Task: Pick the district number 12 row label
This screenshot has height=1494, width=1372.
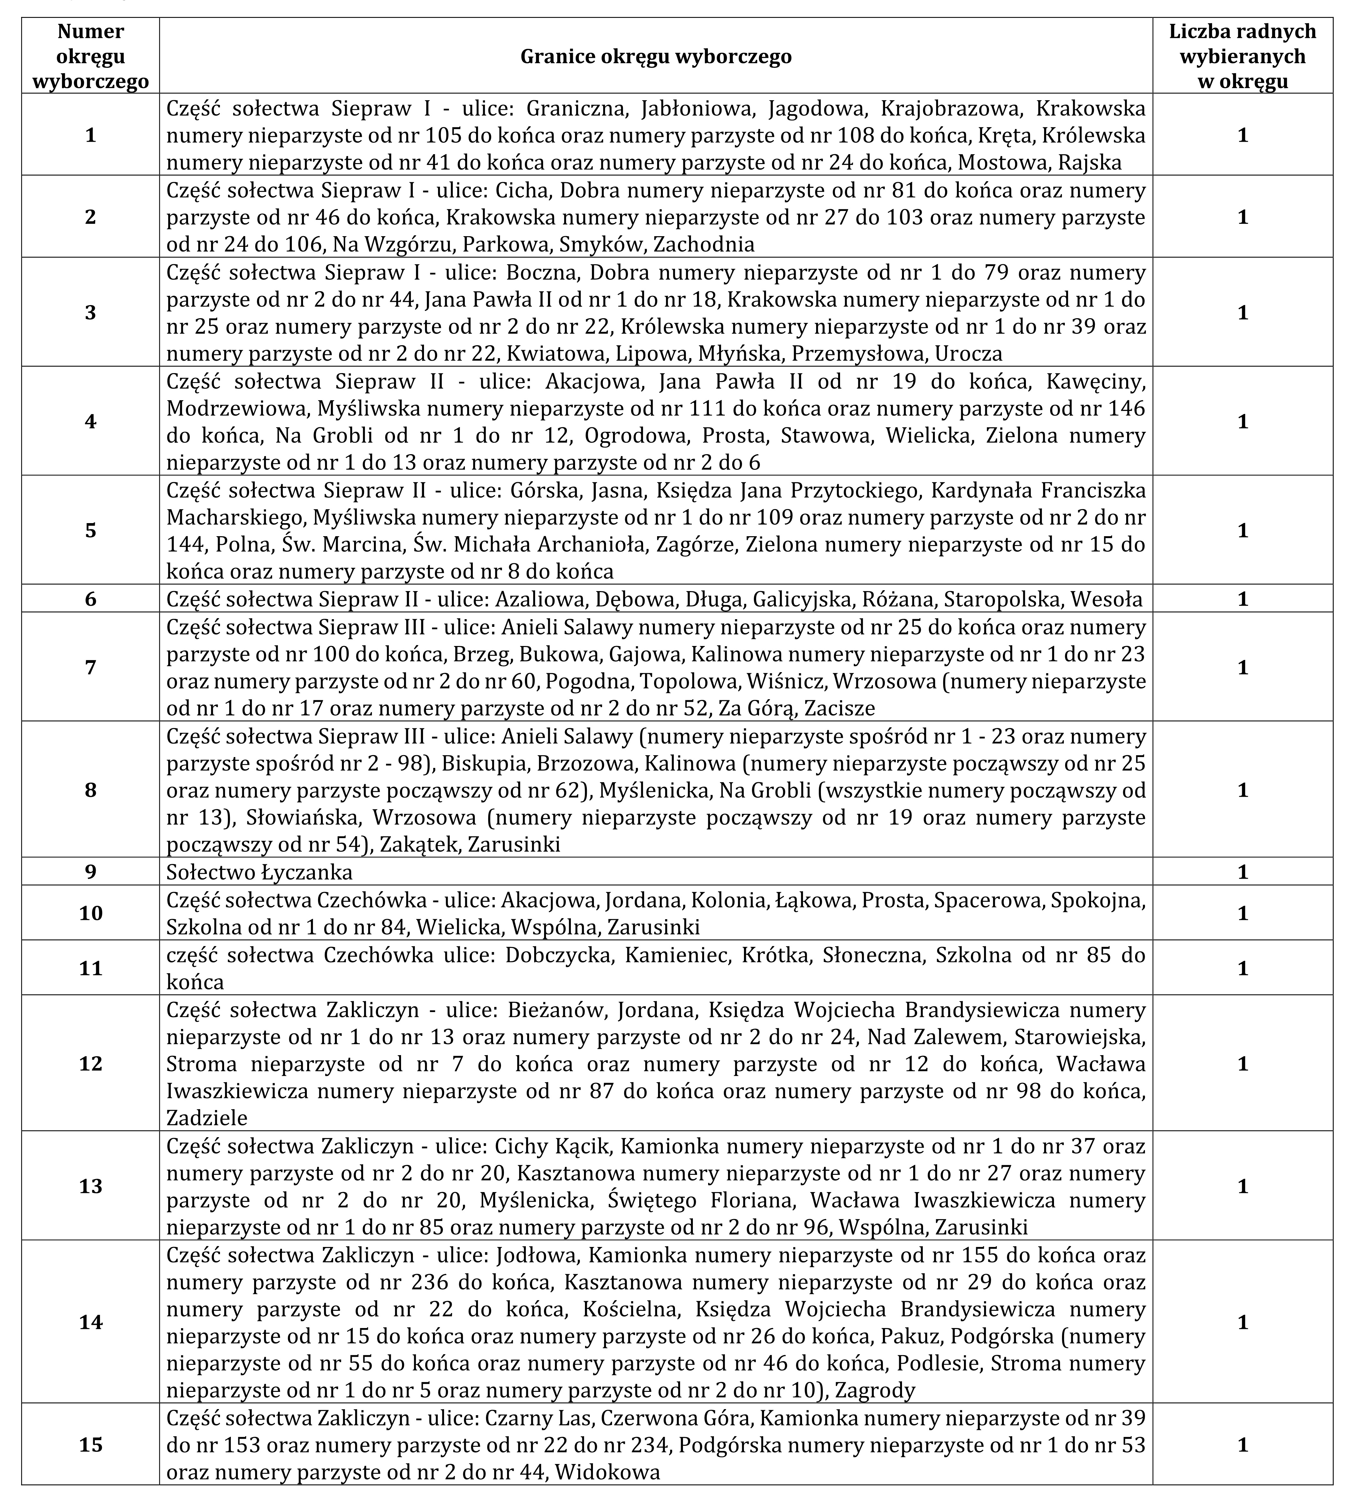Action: pyautogui.click(x=91, y=1063)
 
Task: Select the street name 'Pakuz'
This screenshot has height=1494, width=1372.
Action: pyautogui.click(x=906, y=1336)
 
